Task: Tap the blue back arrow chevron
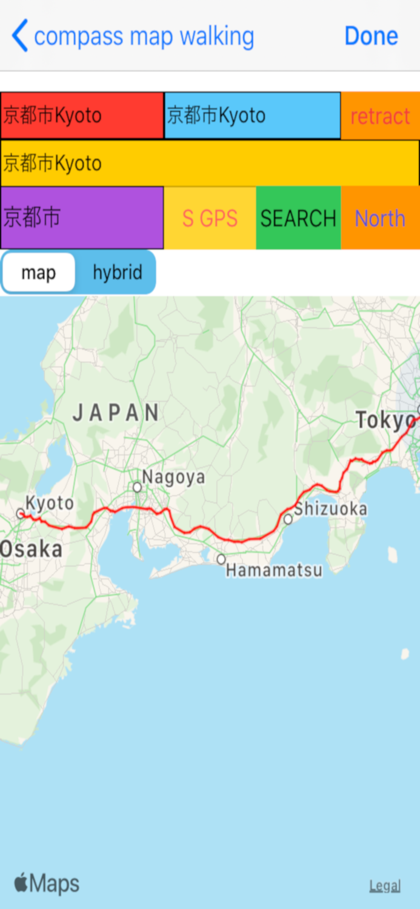tap(20, 36)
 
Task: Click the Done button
tap(371, 36)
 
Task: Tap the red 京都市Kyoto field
tap(82, 115)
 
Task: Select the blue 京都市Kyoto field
tap(252, 115)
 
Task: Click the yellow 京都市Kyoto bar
tap(210, 163)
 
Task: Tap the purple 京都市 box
tap(82, 218)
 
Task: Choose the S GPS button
tap(210, 218)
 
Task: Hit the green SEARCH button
tap(298, 218)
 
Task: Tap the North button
tap(380, 218)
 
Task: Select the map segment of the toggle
tap(39, 273)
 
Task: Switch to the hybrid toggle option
tap(117, 273)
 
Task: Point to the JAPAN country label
tap(116, 413)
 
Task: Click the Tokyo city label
tap(385, 420)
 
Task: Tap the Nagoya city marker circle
tap(138, 487)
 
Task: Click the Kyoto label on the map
tap(50, 503)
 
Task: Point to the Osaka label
tap(32, 550)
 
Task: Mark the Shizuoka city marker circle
tap(288, 519)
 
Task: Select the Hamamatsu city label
tap(274, 570)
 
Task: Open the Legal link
tap(385, 886)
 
